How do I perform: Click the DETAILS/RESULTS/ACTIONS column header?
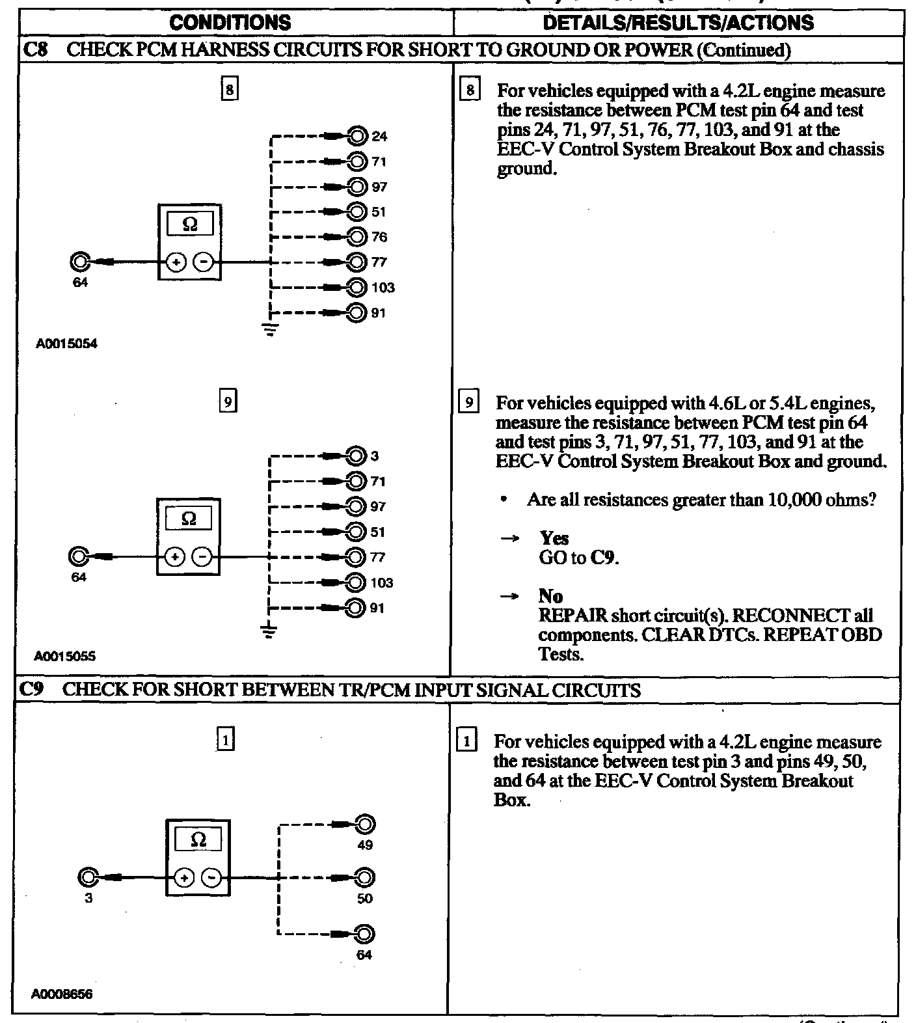(678, 23)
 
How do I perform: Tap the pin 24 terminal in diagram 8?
(357, 136)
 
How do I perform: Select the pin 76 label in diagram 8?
(379, 237)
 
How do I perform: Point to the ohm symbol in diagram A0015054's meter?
(189, 225)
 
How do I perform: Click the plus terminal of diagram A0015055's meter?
(174, 557)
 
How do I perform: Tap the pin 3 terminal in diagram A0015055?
(356, 456)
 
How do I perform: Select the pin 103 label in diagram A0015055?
(382, 583)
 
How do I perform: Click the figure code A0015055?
(65, 657)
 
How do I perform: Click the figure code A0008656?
(62, 994)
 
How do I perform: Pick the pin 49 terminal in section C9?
(365, 825)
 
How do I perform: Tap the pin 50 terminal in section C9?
(365, 878)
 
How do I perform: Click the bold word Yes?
(554, 538)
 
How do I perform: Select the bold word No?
(550, 596)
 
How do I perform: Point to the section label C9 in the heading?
(31, 690)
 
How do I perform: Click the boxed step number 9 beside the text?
(468, 403)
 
